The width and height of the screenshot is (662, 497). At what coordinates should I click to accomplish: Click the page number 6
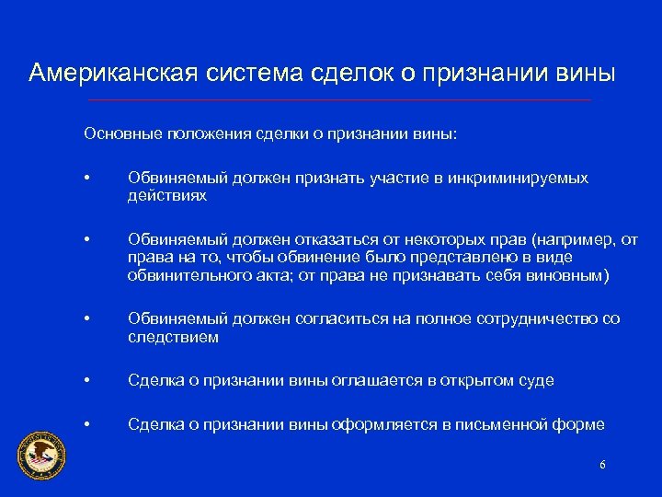coord(602,465)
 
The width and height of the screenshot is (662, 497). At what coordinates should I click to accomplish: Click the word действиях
coord(167,195)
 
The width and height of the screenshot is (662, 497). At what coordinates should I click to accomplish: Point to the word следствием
coord(173,336)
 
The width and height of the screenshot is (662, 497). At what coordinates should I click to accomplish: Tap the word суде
coord(535,381)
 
